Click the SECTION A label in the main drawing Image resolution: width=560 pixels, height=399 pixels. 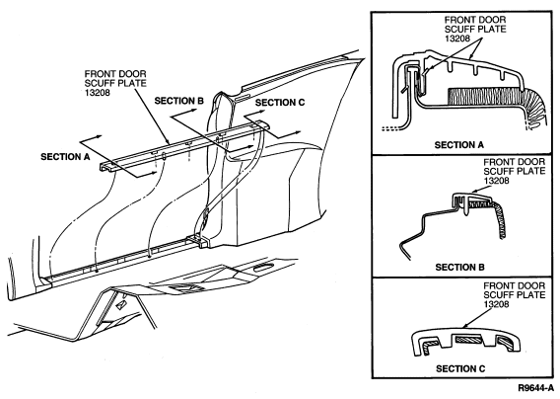(65, 157)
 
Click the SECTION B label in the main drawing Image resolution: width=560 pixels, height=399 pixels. (178, 101)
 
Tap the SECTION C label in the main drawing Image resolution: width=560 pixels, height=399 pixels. (280, 103)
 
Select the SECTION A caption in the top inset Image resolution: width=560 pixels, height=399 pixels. (458, 145)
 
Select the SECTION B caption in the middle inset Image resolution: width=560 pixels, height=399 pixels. (459, 268)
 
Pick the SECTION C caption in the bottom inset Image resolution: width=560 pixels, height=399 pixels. (460, 368)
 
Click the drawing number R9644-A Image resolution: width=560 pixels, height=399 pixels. (536, 388)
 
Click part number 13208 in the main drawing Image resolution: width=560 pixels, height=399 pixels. (97, 93)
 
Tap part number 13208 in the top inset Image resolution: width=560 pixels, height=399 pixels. (457, 39)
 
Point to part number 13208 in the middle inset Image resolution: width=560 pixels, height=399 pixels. (497, 181)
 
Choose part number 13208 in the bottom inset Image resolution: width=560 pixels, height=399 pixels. (497, 304)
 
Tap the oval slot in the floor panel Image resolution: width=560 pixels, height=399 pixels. (262, 267)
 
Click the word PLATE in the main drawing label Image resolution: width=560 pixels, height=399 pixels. (132, 83)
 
